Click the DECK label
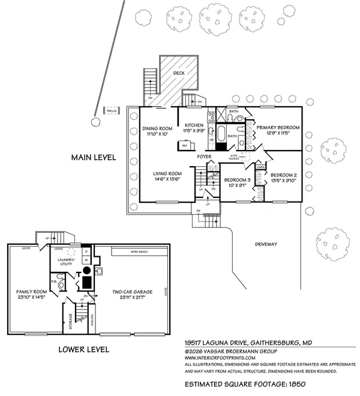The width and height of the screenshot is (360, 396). coord(179,73)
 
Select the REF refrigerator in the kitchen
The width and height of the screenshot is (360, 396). coord(185,145)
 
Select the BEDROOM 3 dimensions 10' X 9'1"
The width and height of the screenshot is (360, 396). coord(238,185)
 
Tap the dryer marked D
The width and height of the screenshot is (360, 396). coord(86,251)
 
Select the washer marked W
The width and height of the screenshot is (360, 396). coord(86,260)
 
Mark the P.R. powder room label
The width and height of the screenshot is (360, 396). coord(53,280)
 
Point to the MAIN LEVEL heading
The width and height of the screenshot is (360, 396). coord(94,158)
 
